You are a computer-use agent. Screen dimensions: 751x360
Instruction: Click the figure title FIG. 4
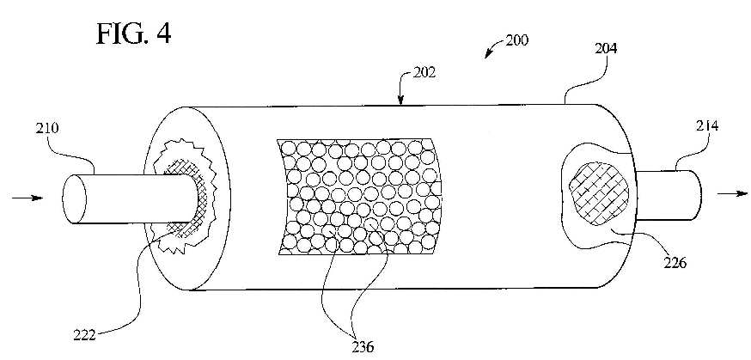pyautogui.click(x=134, y=33)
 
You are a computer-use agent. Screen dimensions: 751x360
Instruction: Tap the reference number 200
pyautogui.click(x=517, y=40)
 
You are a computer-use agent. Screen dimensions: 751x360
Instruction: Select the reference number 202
pyautogui.click(x=424, y=74)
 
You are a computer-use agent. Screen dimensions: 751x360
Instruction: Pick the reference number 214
pyautogui.click(x=707, y=126)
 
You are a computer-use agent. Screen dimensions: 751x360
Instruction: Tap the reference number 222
pyautogui.click(x=85, y=333)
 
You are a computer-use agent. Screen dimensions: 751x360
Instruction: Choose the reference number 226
pyautogui.click(x=675, y=262)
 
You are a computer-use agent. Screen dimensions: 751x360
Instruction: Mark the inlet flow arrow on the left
pyautogui.click(x=27, y=198)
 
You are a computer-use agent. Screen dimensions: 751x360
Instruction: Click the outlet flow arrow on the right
pyautogui.click(x=732, y=193)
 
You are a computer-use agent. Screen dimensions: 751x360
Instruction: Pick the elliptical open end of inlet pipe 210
pyautogui.click(x=74, y=198)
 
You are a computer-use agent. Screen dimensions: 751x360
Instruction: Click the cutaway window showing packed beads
pyautogui.click(x=359, y=196)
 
